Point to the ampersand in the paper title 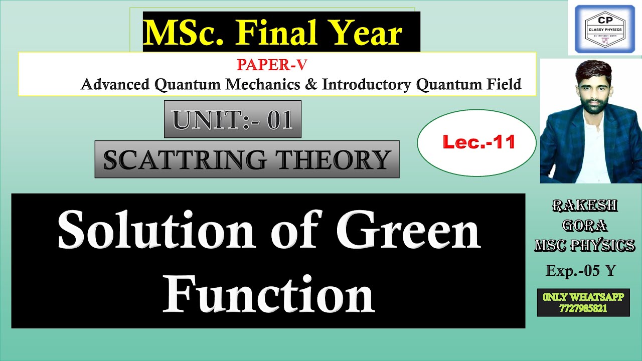[310, 84]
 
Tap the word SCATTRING [185, 159]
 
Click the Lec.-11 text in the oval [478, 143]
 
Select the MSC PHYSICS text [585, 246]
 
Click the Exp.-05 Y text [581, 271]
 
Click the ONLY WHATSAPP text [583, 297]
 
